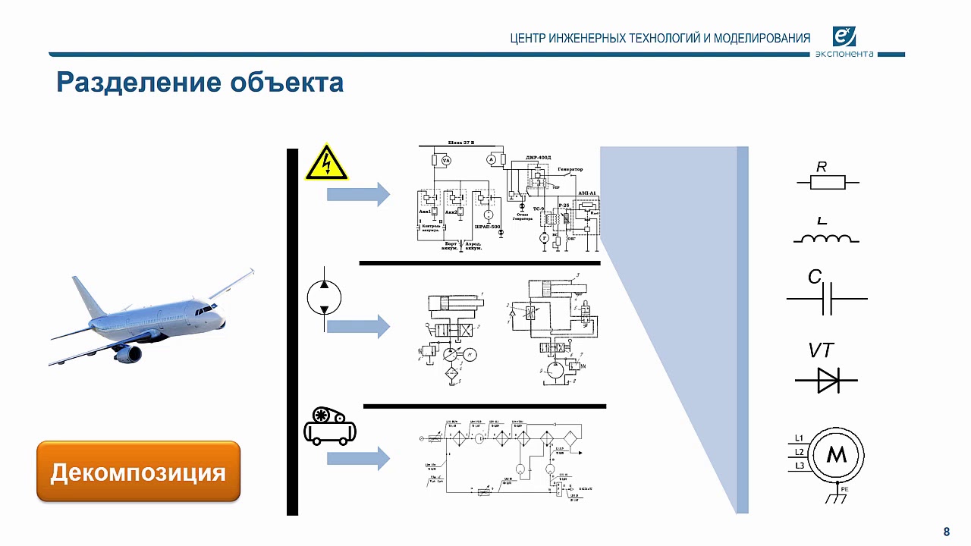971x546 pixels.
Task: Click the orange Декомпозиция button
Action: click(x=138, y=472)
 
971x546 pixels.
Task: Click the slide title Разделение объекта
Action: click(x=200, y=82)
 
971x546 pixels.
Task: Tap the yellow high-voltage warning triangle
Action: click(x=326, y=162)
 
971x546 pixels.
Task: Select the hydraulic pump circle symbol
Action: click(x=325, y=298)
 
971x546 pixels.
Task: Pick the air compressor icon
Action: click(x=329, y=425)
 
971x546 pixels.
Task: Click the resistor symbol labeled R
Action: click(x=828, y=182)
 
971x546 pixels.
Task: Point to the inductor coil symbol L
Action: click(x=826, y=238)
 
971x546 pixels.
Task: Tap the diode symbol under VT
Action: click(x=827, y=379)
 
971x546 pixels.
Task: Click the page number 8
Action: click(x=946, y=531)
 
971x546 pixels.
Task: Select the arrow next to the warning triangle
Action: click(x=358, y=195)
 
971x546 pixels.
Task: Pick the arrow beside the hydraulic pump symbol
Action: click(x=358, y=327)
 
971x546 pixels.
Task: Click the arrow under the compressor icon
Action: click(x=358, y=459)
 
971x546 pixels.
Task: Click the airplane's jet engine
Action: click(x=127, y=353)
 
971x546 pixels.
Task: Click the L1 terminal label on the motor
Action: click(x=799, y=438)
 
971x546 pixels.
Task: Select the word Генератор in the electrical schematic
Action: click(x=570, y=168)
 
